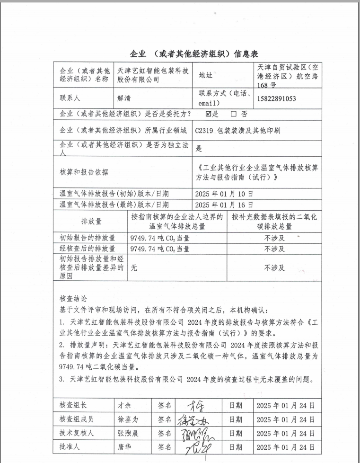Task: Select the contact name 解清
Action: point(124,98)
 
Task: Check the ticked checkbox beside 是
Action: point(208,114)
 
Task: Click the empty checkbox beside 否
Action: point(233,114)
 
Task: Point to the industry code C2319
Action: point(204,130)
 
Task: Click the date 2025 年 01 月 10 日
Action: point(224,194)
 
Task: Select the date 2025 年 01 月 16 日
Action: point(224,205)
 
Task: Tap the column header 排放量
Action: point(92,221)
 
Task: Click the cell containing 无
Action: point(134,268)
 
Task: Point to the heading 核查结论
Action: point(73,299)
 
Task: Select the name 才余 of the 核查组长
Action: point(124,406)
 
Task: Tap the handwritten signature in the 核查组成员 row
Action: point(193,419)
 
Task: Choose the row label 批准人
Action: point(70,447)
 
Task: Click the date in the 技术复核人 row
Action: point(285,433)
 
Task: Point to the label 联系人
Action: point(70,98)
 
